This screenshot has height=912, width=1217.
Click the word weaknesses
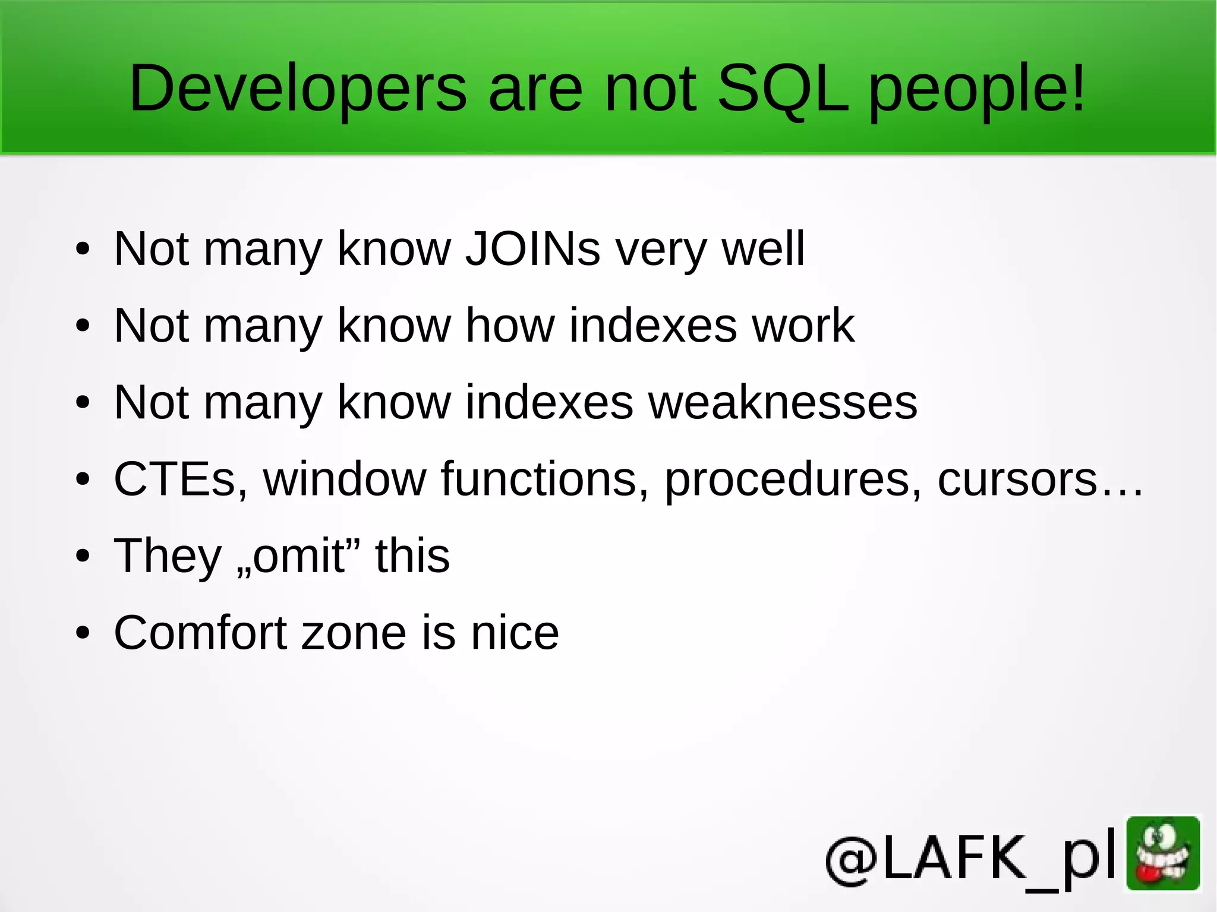(783, 402)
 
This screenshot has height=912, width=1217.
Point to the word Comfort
(201, 633)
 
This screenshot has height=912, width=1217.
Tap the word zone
(354, 633)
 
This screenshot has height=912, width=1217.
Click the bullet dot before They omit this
(83, 557)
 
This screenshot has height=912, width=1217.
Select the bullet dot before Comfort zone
(83, 633)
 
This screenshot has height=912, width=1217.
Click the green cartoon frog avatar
(1163, 853)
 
